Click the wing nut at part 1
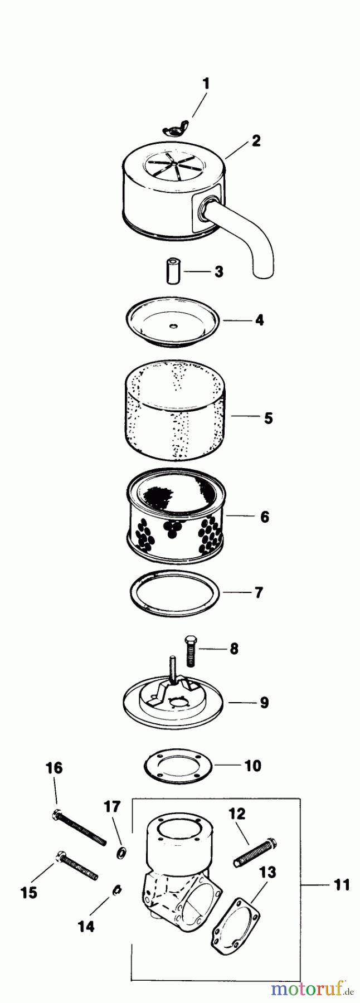(174, 130)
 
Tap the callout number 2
(256, 140)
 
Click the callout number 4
(259, 320)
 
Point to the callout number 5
(269, 418)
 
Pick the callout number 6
(265, 517)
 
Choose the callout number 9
(264, 702)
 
